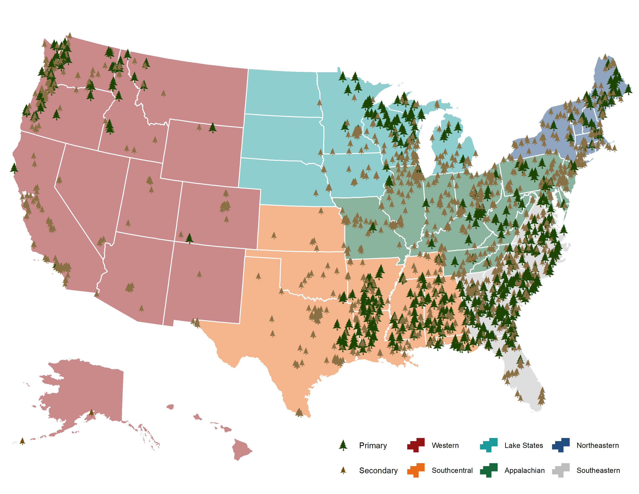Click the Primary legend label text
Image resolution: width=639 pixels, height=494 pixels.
pyautogui.click(x=373, y=445)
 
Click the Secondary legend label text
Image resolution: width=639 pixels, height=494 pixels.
pyautogui.click(x=378, y=470)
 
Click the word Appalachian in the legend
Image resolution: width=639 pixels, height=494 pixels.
pyautogui.click(x=524, y=470)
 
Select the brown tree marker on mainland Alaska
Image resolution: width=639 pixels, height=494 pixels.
pyautogui.click(x=91, y=413)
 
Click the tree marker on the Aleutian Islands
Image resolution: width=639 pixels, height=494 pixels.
pyautogui.click(x=22, y=441)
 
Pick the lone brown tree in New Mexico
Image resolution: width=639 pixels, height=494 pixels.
pyautogui.click(x=199, y=274)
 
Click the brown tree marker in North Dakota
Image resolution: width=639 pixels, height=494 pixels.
pyautogui.click(x=319, y=103)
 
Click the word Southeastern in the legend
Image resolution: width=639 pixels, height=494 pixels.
pyautogui.click(x=598, y=470)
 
